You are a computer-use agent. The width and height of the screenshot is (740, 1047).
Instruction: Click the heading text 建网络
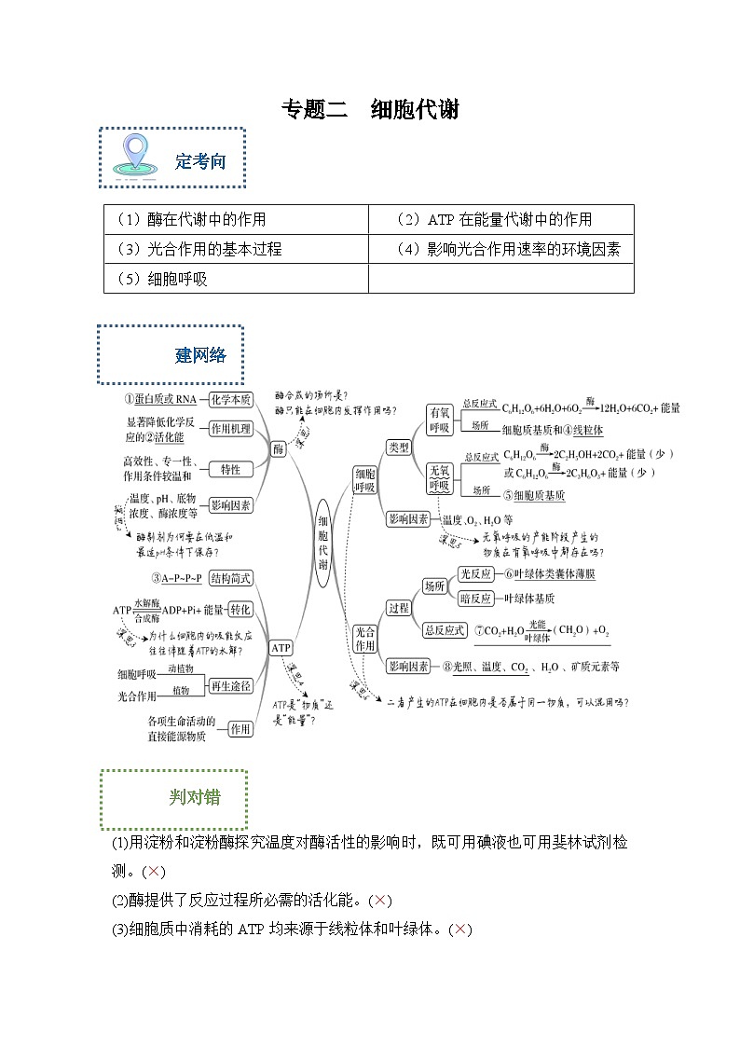pos(200,355)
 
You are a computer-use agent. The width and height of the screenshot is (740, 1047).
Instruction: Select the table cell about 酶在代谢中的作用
pos(236,220)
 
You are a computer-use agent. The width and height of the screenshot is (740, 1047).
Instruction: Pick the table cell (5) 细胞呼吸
pos(236,279)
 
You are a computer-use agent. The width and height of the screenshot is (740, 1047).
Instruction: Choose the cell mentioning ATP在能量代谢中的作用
pos(500,220)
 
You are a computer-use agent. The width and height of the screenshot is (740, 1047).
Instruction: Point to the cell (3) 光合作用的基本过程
pos(236,249)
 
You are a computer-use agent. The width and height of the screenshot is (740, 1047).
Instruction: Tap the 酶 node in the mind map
pos(278,448)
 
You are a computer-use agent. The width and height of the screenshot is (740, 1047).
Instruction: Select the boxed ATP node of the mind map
pos(281,647)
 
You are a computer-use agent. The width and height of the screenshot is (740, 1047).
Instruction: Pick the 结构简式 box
pos(230,578)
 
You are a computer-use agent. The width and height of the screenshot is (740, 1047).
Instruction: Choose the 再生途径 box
pos(230,685)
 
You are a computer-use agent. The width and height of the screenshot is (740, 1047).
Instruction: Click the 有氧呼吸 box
pos(439,420)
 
